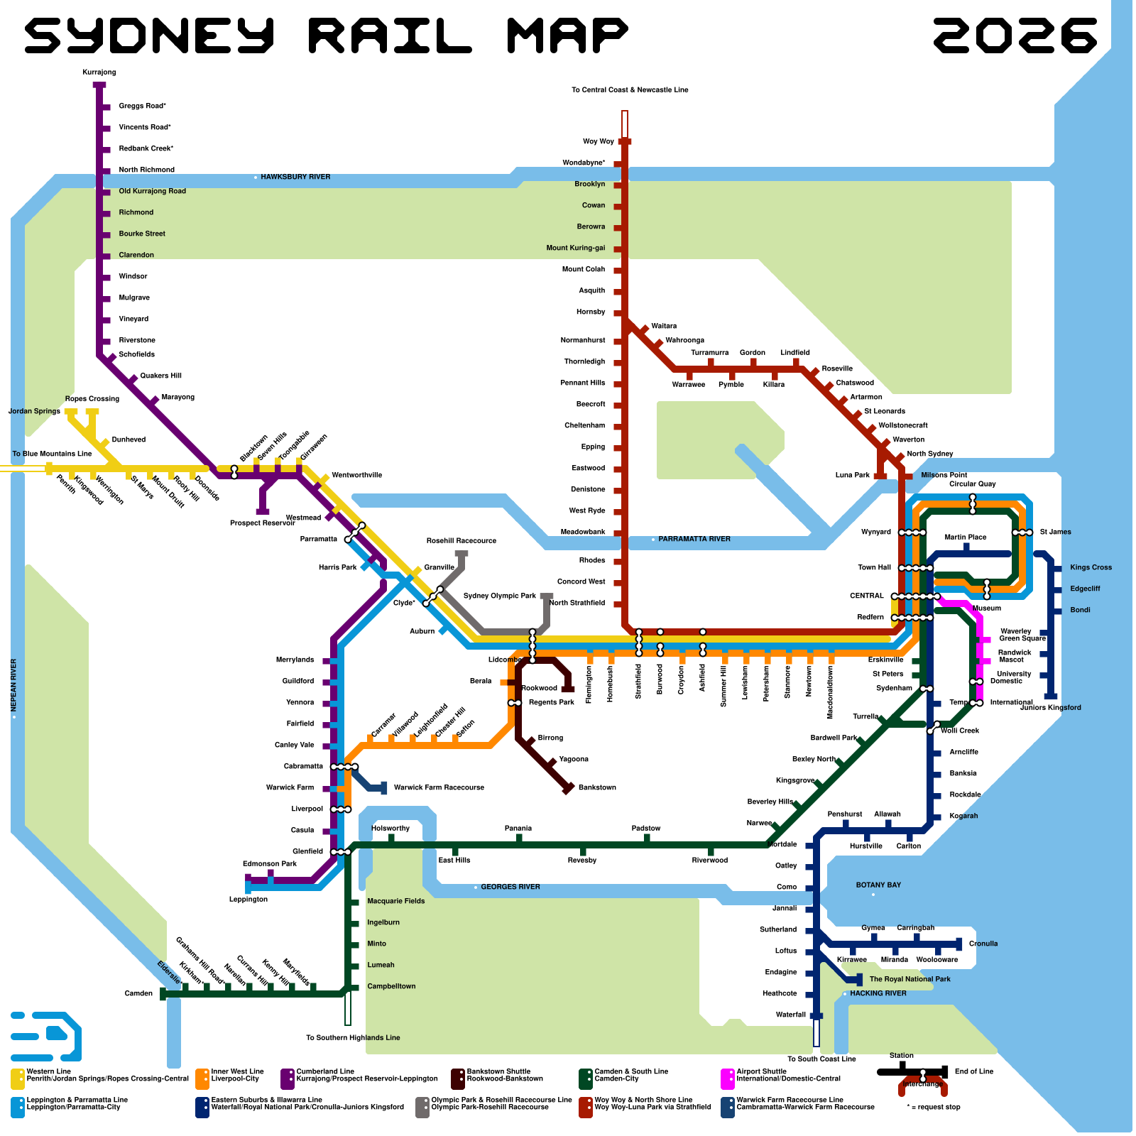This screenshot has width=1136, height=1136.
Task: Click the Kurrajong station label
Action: (x=99, y=72)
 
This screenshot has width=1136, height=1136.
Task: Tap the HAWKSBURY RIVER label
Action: (x=295, y=177)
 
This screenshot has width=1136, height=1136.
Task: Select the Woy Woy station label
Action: (x=599, y=142)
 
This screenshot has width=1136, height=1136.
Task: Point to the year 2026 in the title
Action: (x=1015, y=35)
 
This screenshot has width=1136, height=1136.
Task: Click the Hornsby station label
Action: (x=591, y=312)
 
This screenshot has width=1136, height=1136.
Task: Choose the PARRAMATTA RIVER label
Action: (x=694, y=540)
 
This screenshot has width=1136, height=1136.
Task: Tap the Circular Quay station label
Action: (x=973, y=484)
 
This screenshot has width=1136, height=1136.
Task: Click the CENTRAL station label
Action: (x=867, y=596)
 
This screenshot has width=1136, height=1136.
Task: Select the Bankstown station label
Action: (x=597, y=788)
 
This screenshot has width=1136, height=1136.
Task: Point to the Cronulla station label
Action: (x=983, y=944)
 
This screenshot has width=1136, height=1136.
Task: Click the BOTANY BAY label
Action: (x=878, y=885)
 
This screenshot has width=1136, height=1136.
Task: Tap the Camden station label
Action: (x=138, y=994)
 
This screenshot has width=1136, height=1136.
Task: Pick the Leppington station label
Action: (x=248, y=900)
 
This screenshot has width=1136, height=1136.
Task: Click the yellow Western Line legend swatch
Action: (x=18, y=1078)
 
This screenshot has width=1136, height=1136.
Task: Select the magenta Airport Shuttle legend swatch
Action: (x=727, y=1078)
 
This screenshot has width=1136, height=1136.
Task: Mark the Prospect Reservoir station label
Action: (x=262, y=523)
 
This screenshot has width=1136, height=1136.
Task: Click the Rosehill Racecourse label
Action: (x=461, y=541)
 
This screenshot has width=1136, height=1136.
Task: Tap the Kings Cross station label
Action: (x=1091, y=568)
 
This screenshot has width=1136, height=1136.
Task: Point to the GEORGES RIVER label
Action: (x=510, y=887)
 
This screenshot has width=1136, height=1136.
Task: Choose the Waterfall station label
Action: (x=791, y=1015)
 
